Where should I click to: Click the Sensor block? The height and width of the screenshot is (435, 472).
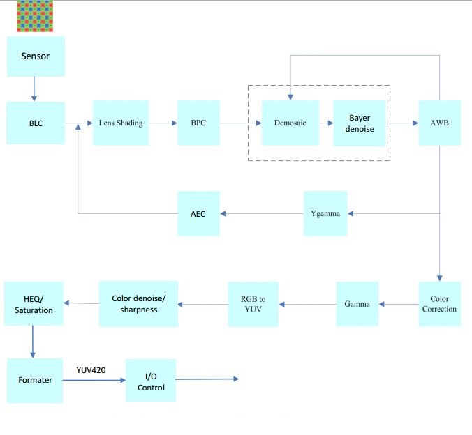[x=36, y=56]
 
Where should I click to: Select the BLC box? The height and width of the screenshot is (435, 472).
[x=36, y=123]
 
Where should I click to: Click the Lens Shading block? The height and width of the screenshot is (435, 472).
[x=121, y=123]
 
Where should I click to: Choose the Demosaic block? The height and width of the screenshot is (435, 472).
[x=290, y=123]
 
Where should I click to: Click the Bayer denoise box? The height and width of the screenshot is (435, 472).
[x=360, y=123]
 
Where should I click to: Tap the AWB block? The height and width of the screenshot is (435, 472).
[x=439, y=123]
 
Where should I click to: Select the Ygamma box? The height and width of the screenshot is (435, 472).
[x=325, y=213]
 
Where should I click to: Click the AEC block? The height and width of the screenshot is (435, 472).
[x=198, y=213]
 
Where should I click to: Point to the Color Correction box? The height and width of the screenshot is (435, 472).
[x=439, y=304]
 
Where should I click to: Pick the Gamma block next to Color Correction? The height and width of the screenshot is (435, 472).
[x=357, y=304]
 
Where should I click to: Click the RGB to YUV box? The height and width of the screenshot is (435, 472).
[x=253, y=304]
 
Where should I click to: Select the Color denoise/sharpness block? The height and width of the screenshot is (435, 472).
[x=138, y=304]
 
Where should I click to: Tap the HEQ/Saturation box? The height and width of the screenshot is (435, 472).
[x=34, y=304]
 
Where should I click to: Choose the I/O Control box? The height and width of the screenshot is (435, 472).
[x=150, y=381]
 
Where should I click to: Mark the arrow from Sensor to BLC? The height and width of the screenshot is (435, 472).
[x=33, y=89]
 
